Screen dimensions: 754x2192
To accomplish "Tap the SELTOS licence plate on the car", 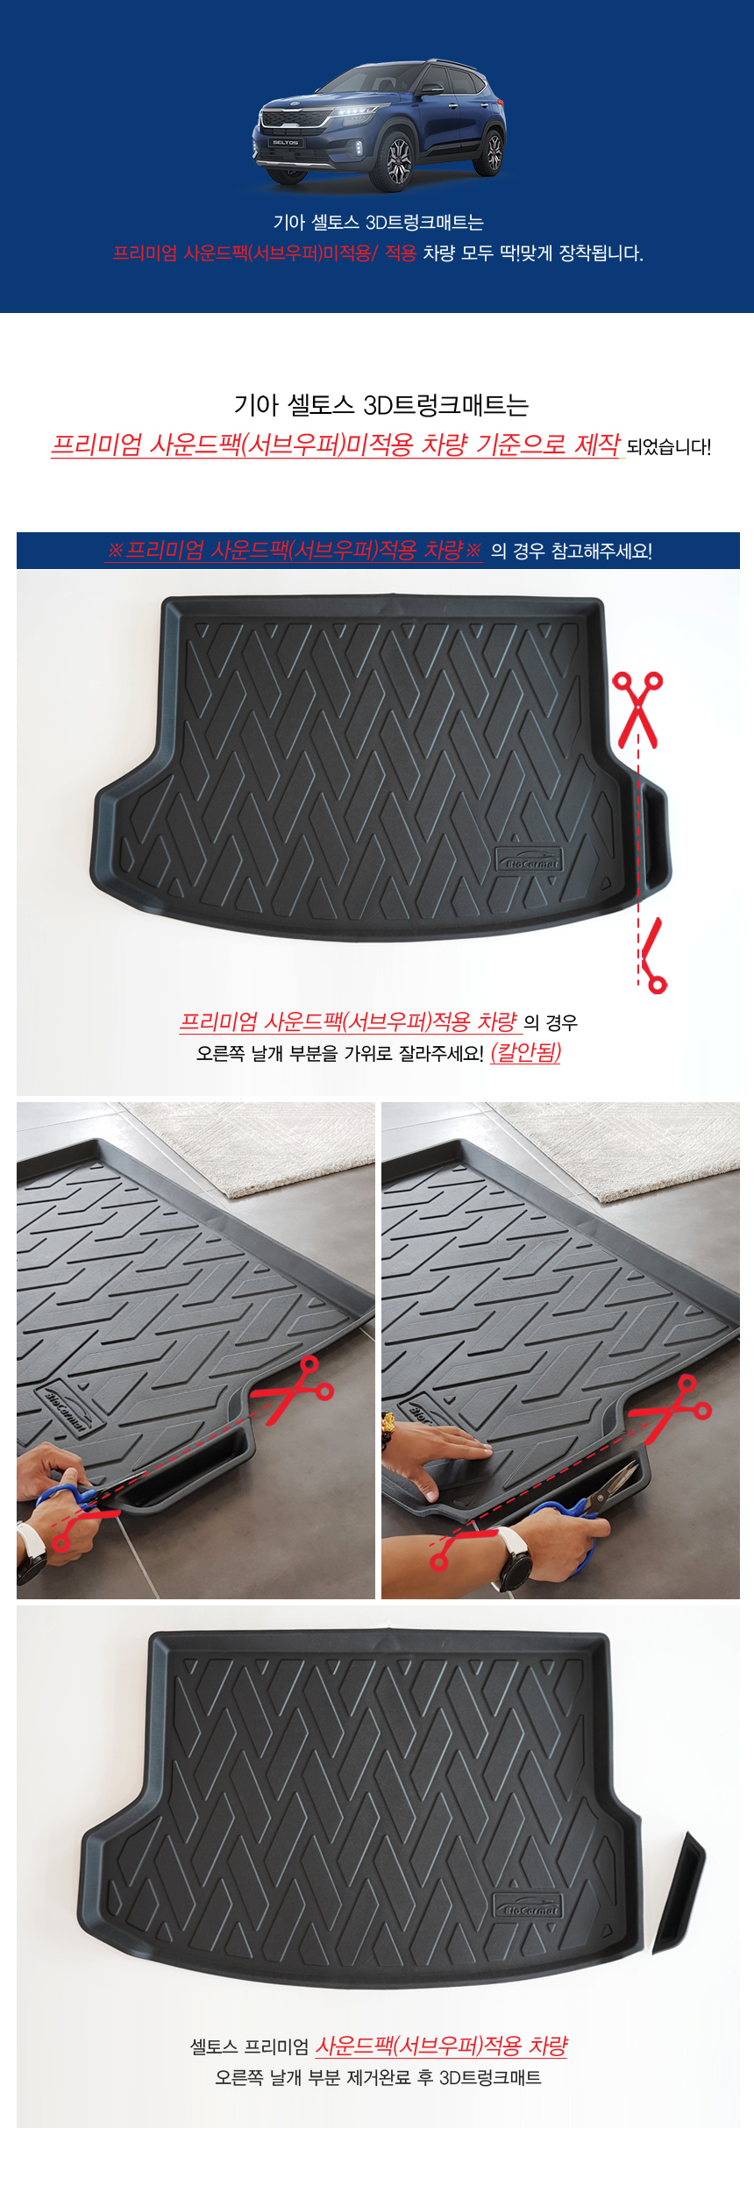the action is point(285,141).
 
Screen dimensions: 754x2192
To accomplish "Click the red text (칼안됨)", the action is point(525,1052).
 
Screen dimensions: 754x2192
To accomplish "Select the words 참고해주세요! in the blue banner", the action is point(601,551).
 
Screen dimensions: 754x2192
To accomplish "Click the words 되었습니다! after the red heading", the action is point(669,446).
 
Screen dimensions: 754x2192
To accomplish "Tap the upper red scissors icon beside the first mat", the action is point(637,709).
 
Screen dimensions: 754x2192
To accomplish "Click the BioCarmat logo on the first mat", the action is point(529,861).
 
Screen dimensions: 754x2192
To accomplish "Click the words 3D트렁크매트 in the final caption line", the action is point(490,2077).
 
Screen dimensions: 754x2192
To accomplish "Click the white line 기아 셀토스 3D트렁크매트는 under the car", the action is point(378,223).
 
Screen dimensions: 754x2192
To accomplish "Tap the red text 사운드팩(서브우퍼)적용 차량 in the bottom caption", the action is point(441,2046).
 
